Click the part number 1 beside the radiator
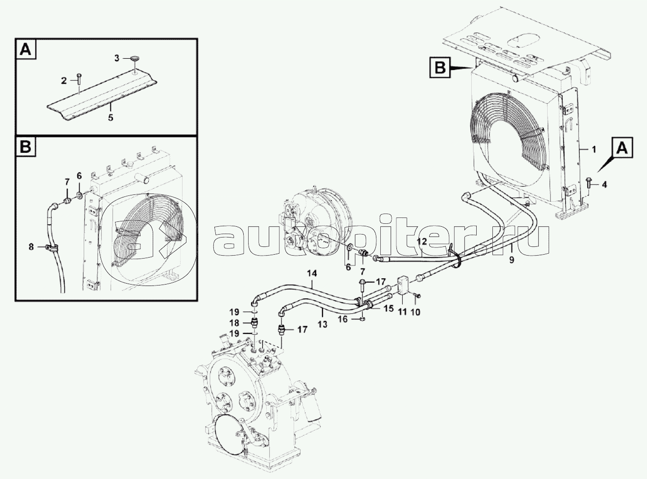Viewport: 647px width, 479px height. click(594, 150)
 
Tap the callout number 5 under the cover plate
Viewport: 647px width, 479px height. click(111, 118)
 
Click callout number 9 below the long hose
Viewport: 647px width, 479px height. click(511, 260)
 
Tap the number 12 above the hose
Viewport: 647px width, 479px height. click(422, 241)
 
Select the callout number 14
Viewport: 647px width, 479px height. click(312, 273)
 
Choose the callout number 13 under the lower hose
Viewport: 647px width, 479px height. click(323, 325)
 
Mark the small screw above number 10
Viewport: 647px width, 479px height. click(417, 296)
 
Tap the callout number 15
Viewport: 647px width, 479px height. click(389, 308)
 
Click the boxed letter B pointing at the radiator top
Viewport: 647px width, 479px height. click(440, 68)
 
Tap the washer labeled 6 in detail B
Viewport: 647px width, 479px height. click(79, 195)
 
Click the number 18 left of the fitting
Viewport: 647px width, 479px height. click(234, 323)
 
